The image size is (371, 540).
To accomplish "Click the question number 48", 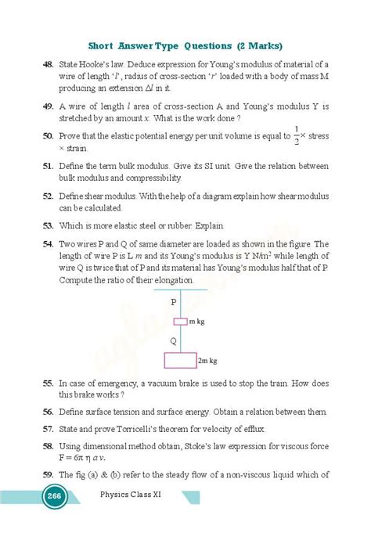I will (47, 63).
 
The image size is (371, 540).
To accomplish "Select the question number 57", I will (47, 428).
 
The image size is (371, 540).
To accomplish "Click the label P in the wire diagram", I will (174, 301).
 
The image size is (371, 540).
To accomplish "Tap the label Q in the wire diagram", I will (174, 340).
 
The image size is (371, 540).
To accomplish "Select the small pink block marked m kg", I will (181, 321).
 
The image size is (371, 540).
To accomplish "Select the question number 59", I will (47, 473).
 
